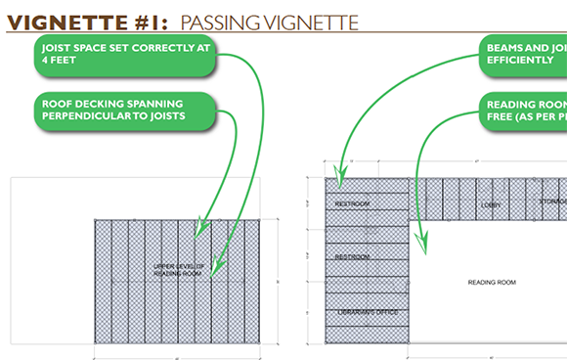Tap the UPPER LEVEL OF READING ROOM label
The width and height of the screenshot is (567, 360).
[x=178, y=269]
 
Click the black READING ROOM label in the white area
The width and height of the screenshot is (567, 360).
[x=490, y=282]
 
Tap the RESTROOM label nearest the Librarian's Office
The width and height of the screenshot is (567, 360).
[x=352, y=256]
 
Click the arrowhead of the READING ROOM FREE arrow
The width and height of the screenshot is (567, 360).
[x=422, y=246]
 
